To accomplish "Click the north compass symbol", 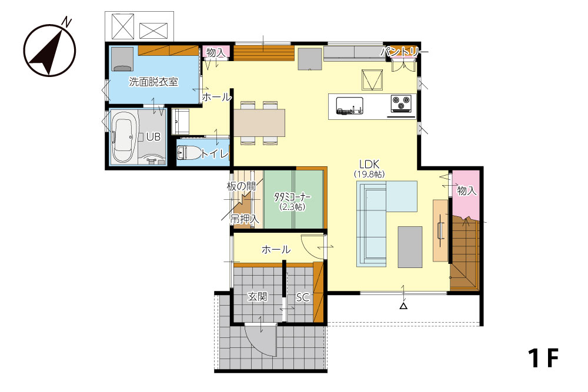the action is [x=50, y=50].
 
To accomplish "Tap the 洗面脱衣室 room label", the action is [x=153, y=82].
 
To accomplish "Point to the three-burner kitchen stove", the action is [x=401, y=103].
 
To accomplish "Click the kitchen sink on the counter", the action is [x=349, y=105].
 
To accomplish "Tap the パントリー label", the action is [x=404, y=52].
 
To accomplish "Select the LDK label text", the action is [x=369, y=164].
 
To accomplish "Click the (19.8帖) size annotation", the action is [x=369, y=175].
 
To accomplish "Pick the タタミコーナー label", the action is [x=292, y=197].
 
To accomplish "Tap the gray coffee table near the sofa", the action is [x=410, y=247].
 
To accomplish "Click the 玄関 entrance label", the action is [x=258, y=297].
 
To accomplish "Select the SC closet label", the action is [x=303, y=297].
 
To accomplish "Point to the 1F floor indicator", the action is [x=543, y=359].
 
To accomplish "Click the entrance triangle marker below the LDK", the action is [x=403, y=306].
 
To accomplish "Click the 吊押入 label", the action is [x=245, y=219].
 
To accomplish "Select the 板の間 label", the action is [x=241, y=186].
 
